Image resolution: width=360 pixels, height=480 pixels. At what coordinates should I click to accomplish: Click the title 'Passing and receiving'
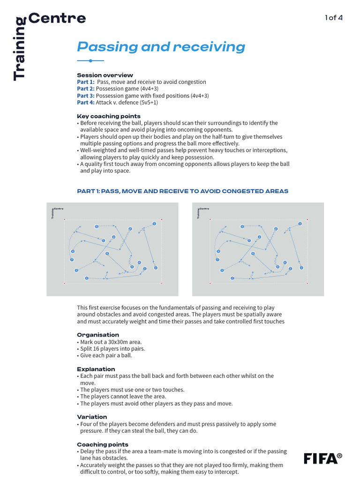tap(161, 47)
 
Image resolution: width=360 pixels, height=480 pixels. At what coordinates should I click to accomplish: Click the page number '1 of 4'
tap(334, 18)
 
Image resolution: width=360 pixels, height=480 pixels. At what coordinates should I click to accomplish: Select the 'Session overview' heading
tap(105, 75)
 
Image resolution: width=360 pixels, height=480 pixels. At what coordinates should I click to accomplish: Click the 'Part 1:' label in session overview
tap(86, 82)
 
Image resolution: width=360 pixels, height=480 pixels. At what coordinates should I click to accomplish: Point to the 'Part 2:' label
tap(86, 89)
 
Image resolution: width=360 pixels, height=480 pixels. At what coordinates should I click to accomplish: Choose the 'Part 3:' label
tap(86, 96)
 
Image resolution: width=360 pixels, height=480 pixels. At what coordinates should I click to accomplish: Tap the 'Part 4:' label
tap(86, 102)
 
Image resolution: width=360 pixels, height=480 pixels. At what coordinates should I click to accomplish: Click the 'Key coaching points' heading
tap(109, 116)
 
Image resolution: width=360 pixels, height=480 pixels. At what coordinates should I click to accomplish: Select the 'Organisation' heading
tap(98, 335)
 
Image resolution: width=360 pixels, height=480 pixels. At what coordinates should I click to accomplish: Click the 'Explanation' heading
tap(96, 369)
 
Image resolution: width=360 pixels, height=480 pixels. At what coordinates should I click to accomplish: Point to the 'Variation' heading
tap(92, 417)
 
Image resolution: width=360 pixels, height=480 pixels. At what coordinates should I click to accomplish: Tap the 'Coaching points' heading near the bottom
tap(103, 444)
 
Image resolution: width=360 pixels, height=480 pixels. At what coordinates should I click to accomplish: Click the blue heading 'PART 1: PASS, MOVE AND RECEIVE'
tap(182, 191)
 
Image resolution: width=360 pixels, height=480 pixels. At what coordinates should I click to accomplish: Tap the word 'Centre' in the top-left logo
tap(57, 18)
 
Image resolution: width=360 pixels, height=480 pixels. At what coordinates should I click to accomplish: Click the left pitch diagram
tap(112, 249)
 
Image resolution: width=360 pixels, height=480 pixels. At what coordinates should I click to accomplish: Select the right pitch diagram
tap(258, 249)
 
